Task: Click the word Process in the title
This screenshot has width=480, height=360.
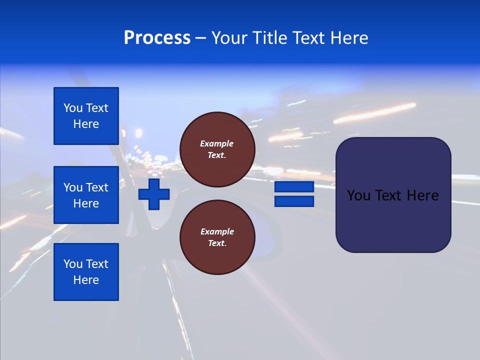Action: tap(157, 38)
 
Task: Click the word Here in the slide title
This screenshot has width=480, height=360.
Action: tap(349, 38)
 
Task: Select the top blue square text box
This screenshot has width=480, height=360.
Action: tap(86, 116)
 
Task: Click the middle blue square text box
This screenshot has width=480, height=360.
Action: tap(86, 195)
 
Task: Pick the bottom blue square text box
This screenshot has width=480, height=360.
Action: tap(86, 272)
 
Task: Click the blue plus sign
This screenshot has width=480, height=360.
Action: tap(154, 194)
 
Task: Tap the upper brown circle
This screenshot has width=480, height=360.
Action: tap(217, 149)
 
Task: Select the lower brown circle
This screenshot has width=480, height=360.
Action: tap(217, 237)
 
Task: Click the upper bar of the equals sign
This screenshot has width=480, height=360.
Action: tap(294, 187)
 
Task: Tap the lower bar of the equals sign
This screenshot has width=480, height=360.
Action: tap(294, 201)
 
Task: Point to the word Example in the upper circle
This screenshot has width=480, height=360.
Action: tap(216, 143)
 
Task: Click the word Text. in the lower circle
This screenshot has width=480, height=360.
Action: tap(217, 243)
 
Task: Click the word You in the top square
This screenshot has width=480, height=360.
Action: tap(72, 108)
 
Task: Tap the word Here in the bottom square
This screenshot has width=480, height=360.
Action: tap(86, 280)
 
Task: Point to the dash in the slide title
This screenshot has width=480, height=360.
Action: tap(201, 38)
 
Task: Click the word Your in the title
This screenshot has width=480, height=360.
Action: tap(230, 38)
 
